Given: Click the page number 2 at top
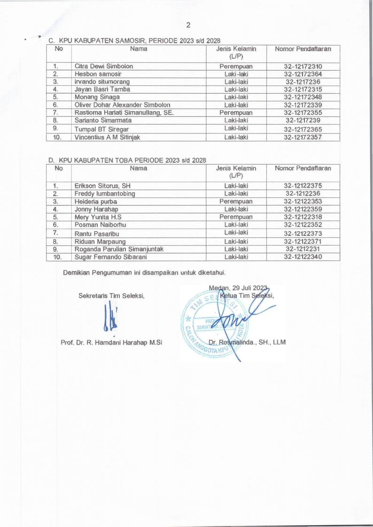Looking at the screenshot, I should click(x=187, y=24).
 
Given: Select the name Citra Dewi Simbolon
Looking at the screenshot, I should click(x=103, y=66).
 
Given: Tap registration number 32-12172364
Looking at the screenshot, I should click(x=303, y=74).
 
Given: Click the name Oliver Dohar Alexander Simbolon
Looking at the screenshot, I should click(x=122, y=105).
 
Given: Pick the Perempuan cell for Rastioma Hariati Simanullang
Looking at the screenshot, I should click(x=236, y=113).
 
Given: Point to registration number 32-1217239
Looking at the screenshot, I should click(x=303, y=120).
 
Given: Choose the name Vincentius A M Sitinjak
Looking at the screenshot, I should click(x=108, y=137).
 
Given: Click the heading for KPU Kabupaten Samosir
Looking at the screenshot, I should click(x=134, y=41).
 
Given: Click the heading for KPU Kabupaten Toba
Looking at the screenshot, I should click(x=128, y=160).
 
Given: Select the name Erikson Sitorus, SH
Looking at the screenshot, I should click(x=102, y=186).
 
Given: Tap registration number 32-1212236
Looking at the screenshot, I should click(x=303, y=193).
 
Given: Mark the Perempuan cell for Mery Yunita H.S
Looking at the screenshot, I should click(x=236, y=217).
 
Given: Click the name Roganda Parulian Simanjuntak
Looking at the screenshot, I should click(x=119, y=248).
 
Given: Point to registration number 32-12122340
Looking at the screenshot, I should click(x=303, y=256).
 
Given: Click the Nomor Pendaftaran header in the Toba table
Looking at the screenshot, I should click(x=303, y=168).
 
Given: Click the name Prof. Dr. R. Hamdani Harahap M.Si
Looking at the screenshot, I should click(x=111, y=342).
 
